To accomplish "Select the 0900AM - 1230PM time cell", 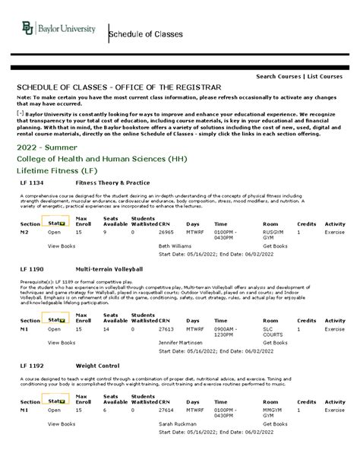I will pyautogui.click(x=227, y=332).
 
